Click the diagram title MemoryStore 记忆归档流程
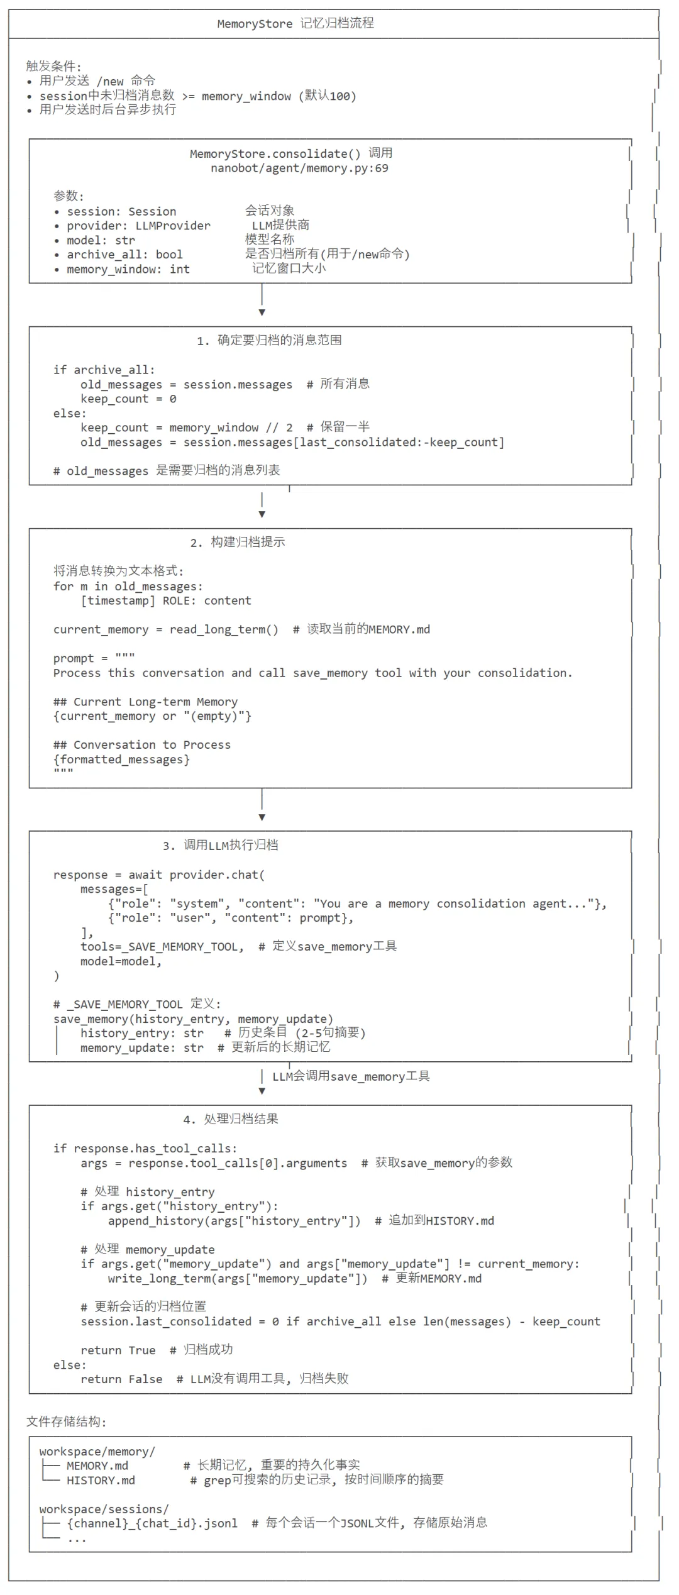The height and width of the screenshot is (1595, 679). coord(295,24)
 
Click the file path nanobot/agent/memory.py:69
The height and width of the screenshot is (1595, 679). coord(299,168)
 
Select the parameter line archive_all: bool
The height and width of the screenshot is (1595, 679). coord(124,255)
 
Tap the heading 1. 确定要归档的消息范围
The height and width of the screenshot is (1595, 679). coord(269,341)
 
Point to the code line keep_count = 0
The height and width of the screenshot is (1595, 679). coord(128,399)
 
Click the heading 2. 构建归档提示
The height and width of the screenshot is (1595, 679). coord(238,543)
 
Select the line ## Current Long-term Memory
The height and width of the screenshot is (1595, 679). coord(145,702)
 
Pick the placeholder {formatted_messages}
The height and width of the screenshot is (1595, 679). coord(121,759)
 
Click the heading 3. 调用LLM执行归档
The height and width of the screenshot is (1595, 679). coord(220,846)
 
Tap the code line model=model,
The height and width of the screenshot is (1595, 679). coord(121,961)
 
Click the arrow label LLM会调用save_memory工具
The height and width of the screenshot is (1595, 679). coord(351,1076)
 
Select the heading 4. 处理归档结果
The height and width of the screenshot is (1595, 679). coord(230,1119)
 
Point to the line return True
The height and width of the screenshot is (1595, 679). coord(118,1350)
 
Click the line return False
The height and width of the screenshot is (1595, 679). coord(121,1379)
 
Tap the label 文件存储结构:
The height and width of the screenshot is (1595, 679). coord(66,1421)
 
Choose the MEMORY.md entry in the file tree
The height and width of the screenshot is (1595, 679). coord(97,1465)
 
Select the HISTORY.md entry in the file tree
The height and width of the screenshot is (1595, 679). coord(101,1481)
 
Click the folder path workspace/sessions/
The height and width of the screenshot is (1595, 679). coord(104,1509)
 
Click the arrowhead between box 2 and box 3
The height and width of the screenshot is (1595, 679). coord(262,817)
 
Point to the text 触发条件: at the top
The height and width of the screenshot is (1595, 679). coord(53,66)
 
